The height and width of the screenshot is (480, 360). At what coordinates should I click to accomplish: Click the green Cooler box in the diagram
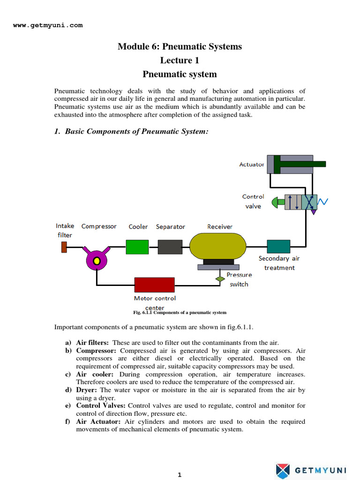137,247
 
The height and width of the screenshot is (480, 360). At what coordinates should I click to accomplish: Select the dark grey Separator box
170,247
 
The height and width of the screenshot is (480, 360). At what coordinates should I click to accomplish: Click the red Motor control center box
154,285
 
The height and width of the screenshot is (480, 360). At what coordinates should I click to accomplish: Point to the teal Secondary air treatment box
278,247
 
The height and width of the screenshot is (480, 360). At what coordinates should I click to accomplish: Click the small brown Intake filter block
64,247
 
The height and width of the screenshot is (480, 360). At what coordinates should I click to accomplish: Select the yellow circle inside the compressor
97,260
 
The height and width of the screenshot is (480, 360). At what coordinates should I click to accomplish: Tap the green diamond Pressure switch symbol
220,279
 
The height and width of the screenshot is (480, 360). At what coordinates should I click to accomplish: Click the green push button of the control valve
277,202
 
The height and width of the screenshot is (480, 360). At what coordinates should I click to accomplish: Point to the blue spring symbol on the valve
323,202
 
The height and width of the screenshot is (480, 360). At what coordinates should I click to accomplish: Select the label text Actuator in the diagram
252,165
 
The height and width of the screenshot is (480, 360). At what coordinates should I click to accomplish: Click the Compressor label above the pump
99,226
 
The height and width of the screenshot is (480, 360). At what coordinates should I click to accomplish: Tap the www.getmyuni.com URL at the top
48,25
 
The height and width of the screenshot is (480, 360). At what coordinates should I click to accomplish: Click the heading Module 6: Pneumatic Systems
180,46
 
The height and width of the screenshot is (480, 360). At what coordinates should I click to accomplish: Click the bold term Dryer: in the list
87,390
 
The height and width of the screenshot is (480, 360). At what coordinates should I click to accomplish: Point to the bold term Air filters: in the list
92,343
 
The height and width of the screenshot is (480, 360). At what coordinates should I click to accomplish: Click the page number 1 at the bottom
180,475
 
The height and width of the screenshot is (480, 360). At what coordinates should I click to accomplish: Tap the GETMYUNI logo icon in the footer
283,470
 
